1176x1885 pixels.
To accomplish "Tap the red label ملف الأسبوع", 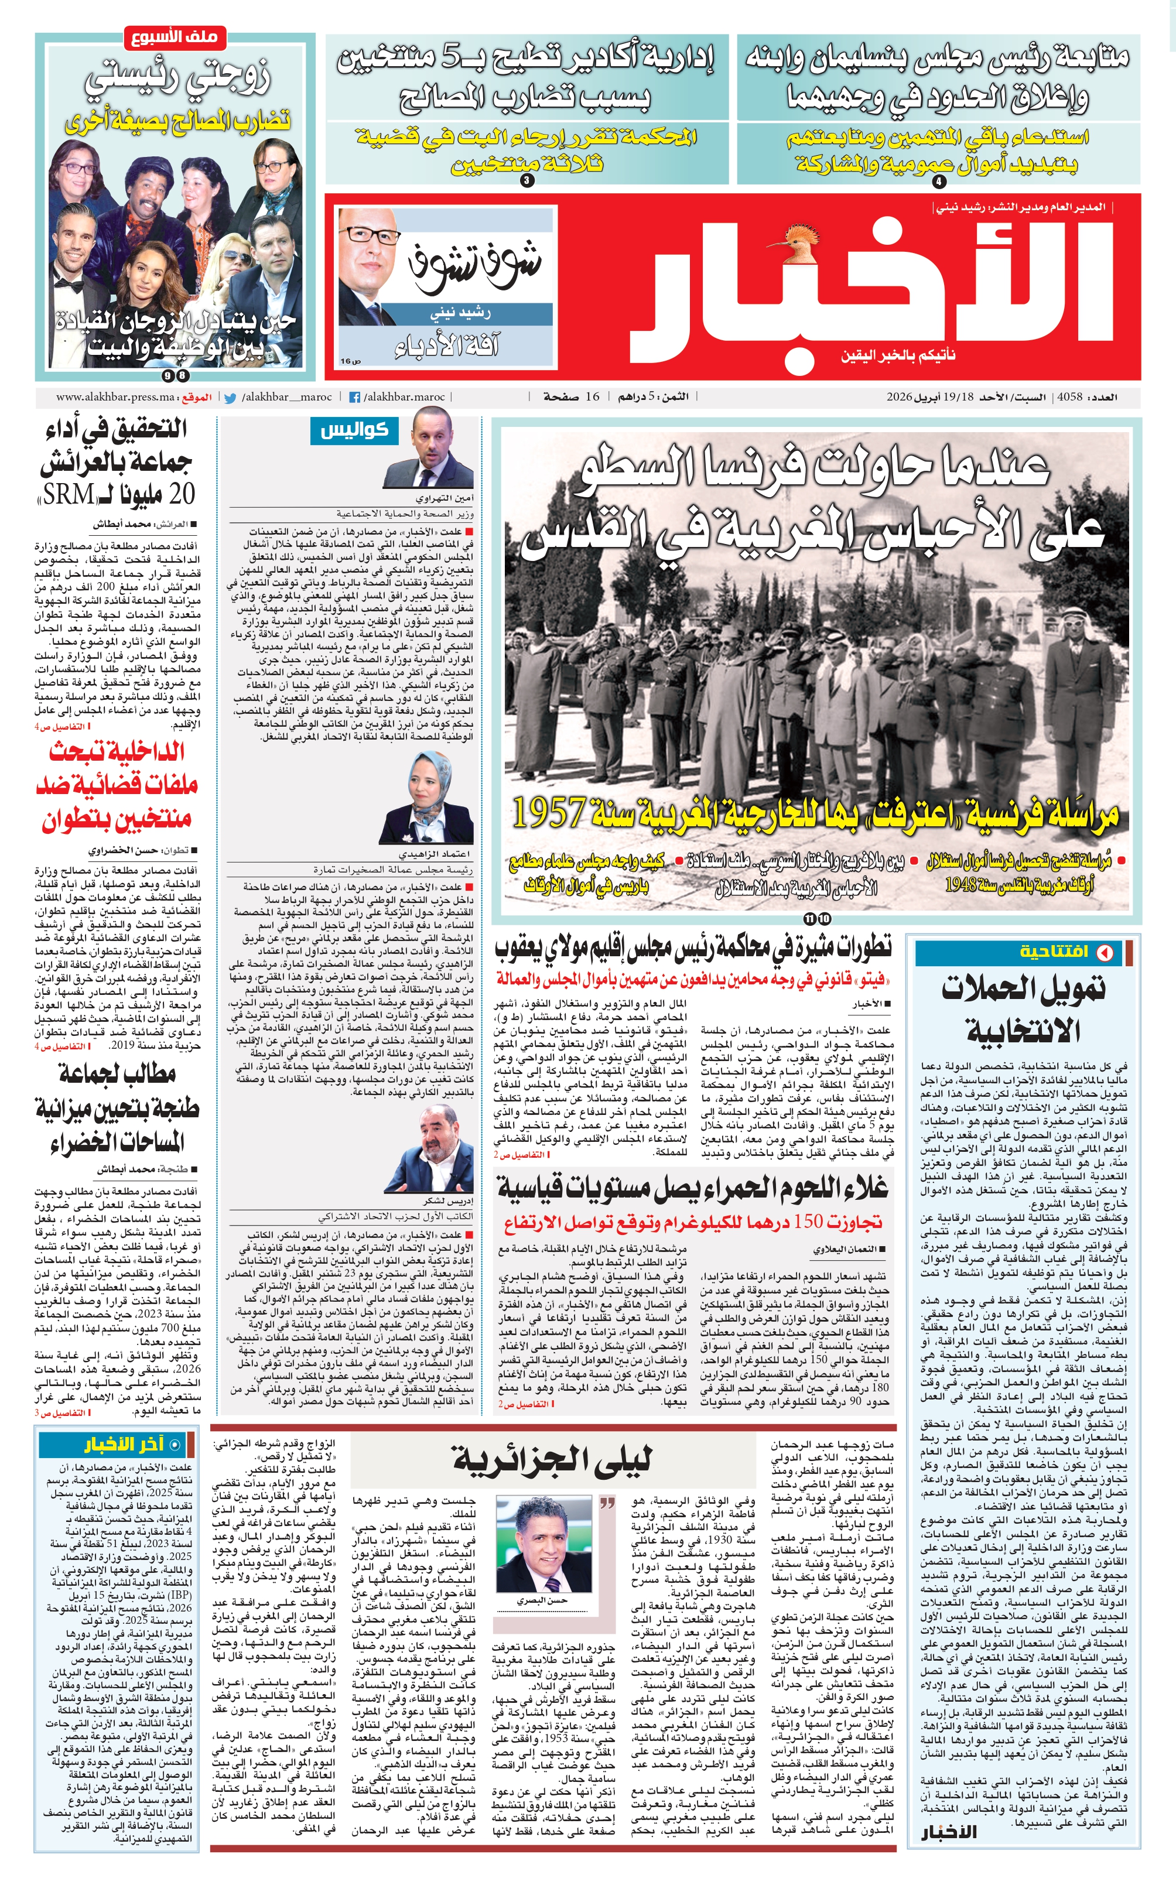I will [x=175, y=37].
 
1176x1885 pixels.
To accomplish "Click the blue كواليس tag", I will [x=355, y=430].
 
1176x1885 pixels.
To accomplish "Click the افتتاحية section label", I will [x=1053, y=952].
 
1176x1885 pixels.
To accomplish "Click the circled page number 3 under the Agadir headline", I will [x=527, y=181].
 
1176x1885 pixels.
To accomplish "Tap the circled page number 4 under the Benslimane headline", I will [x=939, y=181].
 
